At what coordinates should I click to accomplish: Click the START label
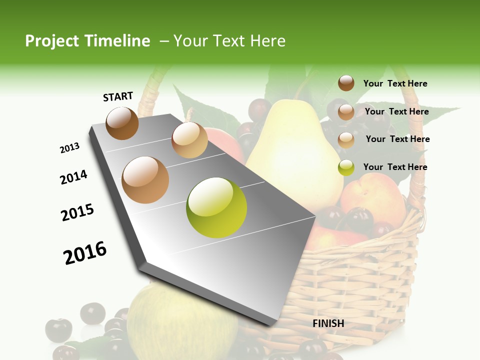pyautogui.click(x=118, y=96)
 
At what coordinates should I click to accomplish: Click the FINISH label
pyautogui.click(x=328, y=323)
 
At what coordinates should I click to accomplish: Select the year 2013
pyautogui.click(x=69, y=148)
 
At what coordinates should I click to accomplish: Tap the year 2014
pyautogui.click(x=73, y=177)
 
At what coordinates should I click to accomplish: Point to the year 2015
pyautogui.click(x=77, y=212)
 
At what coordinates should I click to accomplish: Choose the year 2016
pyautogui.click(x=85, y=253)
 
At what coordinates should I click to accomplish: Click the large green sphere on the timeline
pyautogui.click(x=216, y=207)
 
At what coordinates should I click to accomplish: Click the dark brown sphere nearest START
pyautogui.click(x=122, y=123)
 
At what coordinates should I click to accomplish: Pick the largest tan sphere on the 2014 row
pyautogui.click(x=145, y=180)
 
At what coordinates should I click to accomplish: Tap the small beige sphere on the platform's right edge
pyautogui.click(x=189, y=140)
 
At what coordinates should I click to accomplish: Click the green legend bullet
pyautogui.click(x=346, y=167)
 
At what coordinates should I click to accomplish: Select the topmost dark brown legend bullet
pyautogui.click(x=346, y=83)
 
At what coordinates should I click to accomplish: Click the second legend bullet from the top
pyautogui.click(x=346, y=112)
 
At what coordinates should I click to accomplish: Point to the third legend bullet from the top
pyautogui.click(x=346, y=140)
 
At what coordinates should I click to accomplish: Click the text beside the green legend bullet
pyautogui.click(x=395, y=167)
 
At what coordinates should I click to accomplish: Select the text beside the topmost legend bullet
pyautogui.click(x=395, y=83)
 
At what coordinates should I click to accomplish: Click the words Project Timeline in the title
pyautogui.click(x=87, y=41)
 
